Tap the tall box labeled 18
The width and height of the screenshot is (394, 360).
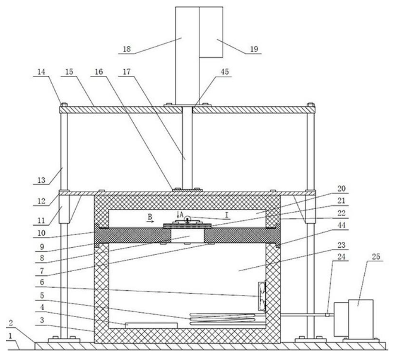(x=186, y=54)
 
